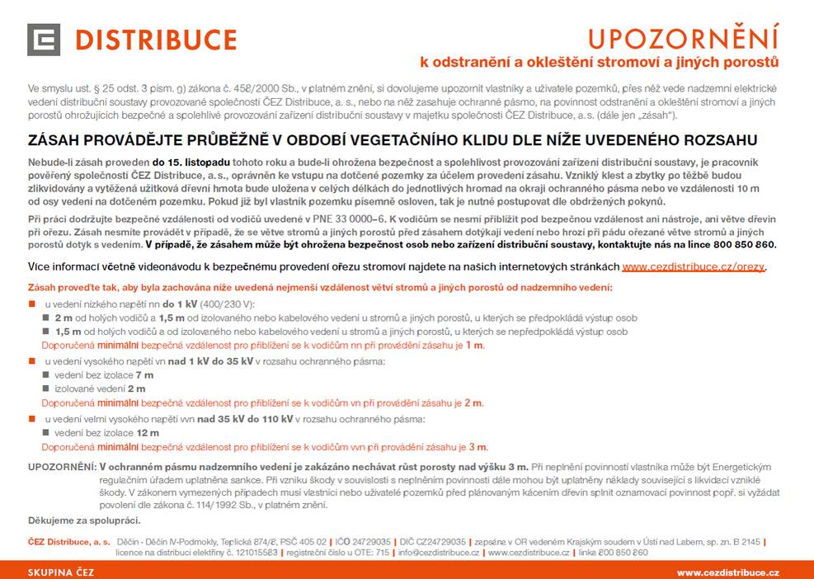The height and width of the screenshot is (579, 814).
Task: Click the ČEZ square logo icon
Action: pyautogui.click(x=44, y=40)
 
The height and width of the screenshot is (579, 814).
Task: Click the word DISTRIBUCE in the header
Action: pyautogui.click(x=157, y=40)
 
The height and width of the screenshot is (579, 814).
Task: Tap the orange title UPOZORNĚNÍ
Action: pyautogui.click(x=683, y=39)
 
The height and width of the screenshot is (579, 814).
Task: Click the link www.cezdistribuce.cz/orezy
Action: pyautogui.click(x=694, y=267)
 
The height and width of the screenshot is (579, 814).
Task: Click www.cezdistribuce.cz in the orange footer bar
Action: pyautogui.click(x=727, y=572)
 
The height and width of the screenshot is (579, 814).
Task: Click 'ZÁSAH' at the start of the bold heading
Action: pyautogui.click(x=55, y=141)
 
